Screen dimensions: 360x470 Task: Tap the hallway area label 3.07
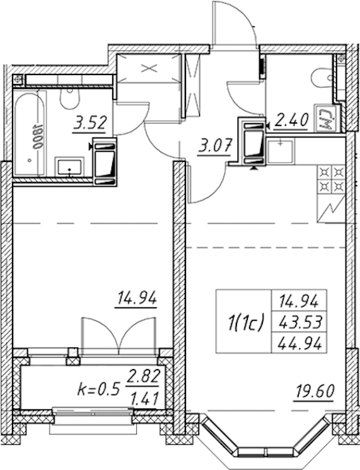click(x=214, y=147)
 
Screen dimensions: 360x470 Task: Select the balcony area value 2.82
click(x=143, y=376)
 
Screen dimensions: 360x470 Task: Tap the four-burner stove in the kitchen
click(x=331, y=179)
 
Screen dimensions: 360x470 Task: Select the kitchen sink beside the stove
click(x=280, y=151)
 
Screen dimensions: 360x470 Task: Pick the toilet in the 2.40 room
click(x=322, y=78)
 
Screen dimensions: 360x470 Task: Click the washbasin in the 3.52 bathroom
click(x=70, y=167)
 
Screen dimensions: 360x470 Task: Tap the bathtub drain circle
click(x=29, y=160)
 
